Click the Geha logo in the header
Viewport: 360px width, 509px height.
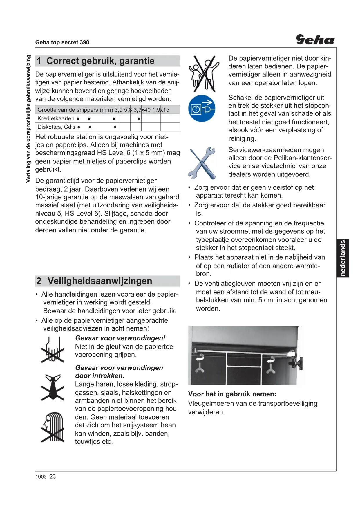coord(315,40)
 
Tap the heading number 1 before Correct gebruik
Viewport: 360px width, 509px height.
coord(39,61)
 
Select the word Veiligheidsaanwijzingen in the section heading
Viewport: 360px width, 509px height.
coord(100,281)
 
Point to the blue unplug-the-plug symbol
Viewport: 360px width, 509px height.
coord(202,109)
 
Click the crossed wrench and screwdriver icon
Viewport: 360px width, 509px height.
coord(202,163)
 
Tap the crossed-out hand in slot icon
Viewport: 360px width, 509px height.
coord(53,350)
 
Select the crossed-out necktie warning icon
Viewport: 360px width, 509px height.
coord(53,387)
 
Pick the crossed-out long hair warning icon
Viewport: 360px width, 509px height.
coord(53,427)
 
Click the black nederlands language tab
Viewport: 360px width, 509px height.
coord(343,258)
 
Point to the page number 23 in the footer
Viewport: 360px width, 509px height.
coord(53,476)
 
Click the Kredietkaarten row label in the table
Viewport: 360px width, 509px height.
coord(56,118)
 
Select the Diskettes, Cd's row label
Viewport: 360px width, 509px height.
coord(56,127)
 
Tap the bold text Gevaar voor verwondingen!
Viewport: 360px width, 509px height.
coord(120,338)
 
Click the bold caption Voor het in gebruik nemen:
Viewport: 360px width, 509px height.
coord(232,394)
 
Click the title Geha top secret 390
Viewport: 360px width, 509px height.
coord(62,42)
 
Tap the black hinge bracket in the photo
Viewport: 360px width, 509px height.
coord(297,363)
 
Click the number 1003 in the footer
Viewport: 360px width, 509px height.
coord(41,476)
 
